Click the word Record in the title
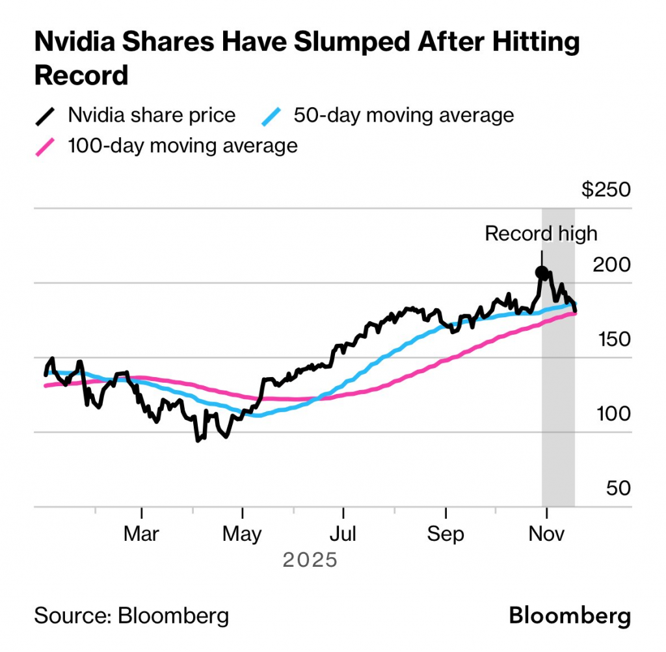point(81,75)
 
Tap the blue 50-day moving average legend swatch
point(271,116)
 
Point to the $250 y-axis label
point(606,190)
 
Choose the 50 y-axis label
point(618,488)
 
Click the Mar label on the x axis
point(141,534)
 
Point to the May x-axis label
point(242,534)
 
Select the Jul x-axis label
point(343,534)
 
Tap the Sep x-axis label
point(446,534)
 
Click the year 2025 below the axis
point(310,559)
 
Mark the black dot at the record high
point(542,272)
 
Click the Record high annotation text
point(540,233)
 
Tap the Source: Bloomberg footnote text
point(131,615)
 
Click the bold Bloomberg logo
point(570,615)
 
